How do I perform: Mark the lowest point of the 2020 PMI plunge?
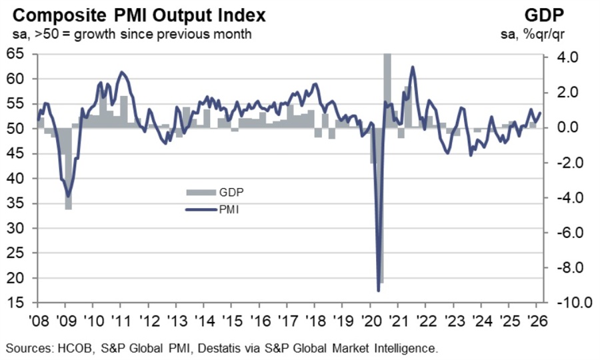coord(379,290)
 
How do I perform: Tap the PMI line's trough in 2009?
coord(67,196)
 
